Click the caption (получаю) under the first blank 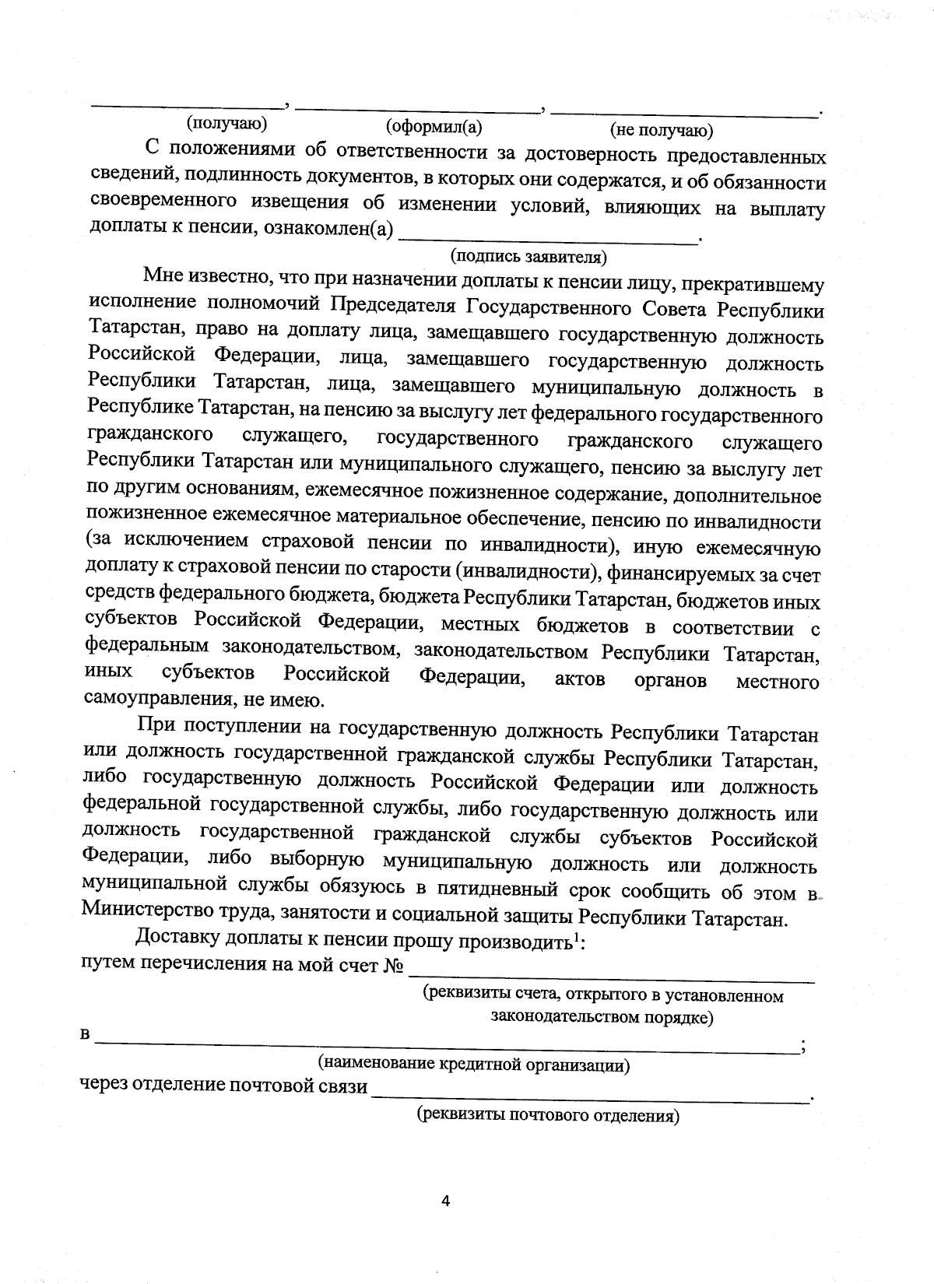[x=226, y=123]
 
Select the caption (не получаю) [x=661, y=130]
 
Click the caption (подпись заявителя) [x=528, y=255]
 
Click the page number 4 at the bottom [x=446, y=1201]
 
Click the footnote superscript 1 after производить [x=576, y=937]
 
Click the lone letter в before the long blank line [x=86, y=1036]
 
